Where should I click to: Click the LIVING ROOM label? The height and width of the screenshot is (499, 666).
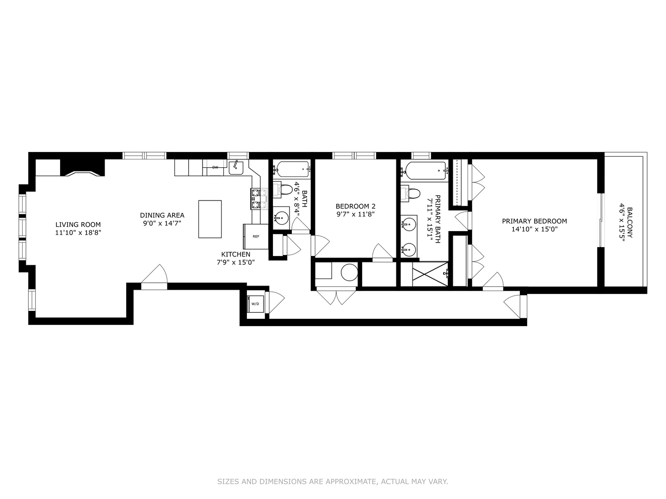[x=78, y=225]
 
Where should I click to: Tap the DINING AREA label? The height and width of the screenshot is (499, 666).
[x=162, y=215]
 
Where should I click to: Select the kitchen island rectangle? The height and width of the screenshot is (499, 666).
[x=210, y=219]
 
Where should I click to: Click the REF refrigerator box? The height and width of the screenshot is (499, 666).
[x=256, y=237]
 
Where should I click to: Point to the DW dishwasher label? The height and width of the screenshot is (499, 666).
[x=215, y=167]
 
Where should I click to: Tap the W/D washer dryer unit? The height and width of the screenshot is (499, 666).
[x=255, y=304]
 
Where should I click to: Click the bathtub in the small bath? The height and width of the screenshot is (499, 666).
[x=291, y=170]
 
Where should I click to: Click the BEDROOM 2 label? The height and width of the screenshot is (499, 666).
[x=355, y=206]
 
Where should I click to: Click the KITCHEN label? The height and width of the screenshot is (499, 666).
[x=235, y=254]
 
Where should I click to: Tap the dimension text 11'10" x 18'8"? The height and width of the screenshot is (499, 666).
[x=78, y=233]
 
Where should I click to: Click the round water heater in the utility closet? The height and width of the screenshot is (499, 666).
[x=349, y=272]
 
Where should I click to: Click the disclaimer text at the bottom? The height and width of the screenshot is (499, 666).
[x=333, y=481]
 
